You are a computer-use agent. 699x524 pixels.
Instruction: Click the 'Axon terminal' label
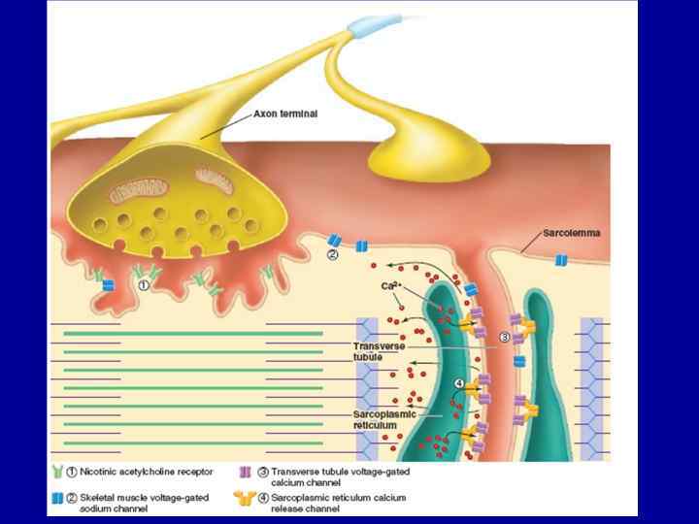[x=284, y=114]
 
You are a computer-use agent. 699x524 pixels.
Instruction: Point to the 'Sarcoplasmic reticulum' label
[x=383, y=419]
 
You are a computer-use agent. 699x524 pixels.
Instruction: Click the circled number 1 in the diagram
[x=144, y=286]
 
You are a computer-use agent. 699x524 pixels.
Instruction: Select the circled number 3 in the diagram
[x=505, y=337]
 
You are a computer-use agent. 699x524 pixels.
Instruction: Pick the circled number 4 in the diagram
[x=458, y=384]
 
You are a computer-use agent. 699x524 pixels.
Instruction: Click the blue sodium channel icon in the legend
[x=57, y=498]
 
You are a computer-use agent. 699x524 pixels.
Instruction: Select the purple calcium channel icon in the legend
[x=245, y=472]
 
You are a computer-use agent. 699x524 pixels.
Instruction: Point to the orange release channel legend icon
[x=245, y=499]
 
